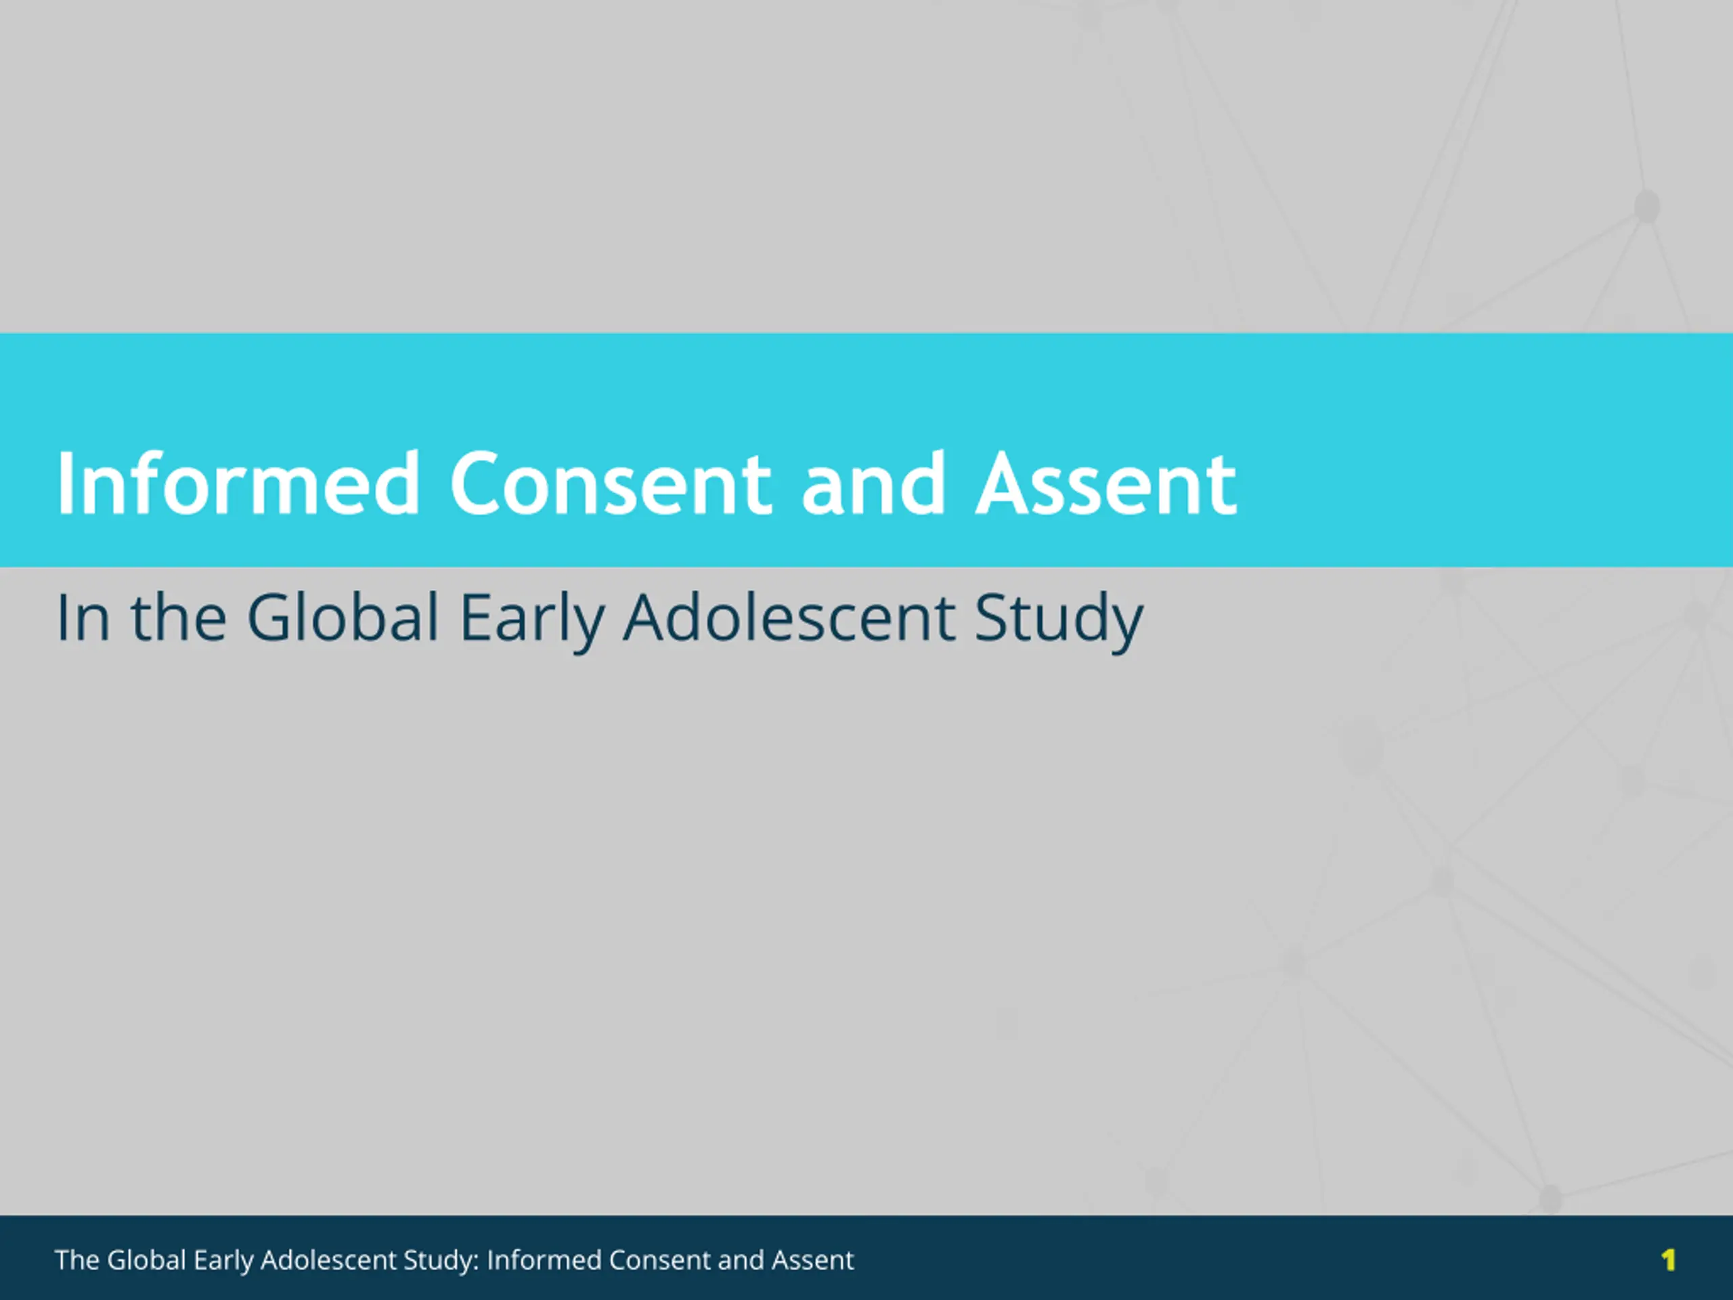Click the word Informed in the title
[x=238, y=483]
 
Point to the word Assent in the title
[x=1105, y=484]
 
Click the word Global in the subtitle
[x=343, y=617]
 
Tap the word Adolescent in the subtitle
[x=789, y=617]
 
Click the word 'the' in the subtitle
[x=179, y=617]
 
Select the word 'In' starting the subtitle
[x=83, y=618]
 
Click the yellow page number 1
[x=1668, y=1259]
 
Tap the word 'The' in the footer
[x=76, y=1259]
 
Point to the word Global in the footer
[x=146, y=1259]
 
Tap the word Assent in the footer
[x=812, y=1259]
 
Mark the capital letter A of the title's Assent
[x=1004, y=484]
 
